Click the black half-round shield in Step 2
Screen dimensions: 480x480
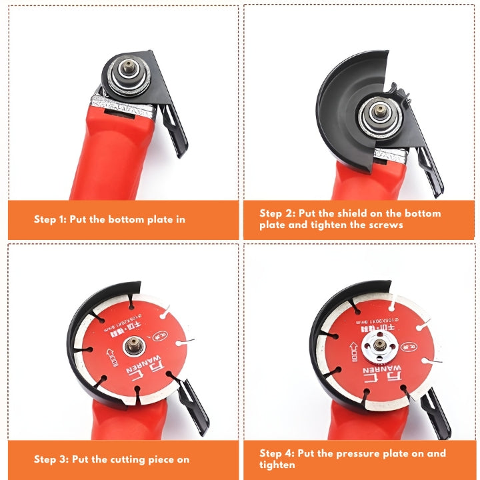340,107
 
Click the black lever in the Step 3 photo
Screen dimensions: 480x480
197,403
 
